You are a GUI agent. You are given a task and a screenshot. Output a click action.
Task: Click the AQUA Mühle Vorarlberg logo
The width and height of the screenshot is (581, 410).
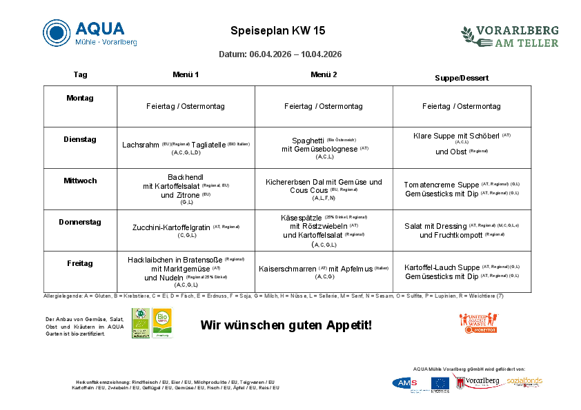click(x=90, y=33)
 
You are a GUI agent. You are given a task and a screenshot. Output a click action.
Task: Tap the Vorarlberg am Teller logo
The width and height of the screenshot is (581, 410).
click(x=510, y=37)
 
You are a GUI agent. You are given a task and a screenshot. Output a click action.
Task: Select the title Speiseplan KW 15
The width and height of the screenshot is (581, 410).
click(x=277, y=31)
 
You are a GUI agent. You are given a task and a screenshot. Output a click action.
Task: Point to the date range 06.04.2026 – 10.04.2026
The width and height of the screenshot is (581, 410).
click(x=280, y=54)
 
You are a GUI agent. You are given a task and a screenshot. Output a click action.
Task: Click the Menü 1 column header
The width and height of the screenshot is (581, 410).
click(x=186, y=74)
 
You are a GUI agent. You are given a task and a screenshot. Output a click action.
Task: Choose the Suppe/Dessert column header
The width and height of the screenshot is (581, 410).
click(x=462, y=78)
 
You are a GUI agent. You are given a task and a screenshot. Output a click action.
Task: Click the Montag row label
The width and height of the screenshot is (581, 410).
click(x=80, y=98)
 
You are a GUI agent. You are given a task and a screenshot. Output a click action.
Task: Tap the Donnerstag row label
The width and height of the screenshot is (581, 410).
click(x=80, y=222)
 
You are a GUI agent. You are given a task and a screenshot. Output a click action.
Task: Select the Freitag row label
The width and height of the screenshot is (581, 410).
click(x=80, y=263)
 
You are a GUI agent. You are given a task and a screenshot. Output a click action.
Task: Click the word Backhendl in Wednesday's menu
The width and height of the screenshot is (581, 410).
click(x=186, y=177)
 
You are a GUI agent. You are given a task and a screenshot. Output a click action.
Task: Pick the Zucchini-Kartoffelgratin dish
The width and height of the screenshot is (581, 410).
click(x=172, y=227)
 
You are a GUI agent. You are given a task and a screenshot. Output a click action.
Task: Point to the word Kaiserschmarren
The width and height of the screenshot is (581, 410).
click(x=288, y=269)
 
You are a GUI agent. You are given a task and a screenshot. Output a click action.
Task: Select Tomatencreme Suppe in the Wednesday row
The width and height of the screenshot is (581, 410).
click(x=441, y=185)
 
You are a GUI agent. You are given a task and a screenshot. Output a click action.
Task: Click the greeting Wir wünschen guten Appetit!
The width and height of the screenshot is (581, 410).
click(x=286, y=325)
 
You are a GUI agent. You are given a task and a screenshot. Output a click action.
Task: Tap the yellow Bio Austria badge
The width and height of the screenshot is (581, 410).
click(x=162, y=322)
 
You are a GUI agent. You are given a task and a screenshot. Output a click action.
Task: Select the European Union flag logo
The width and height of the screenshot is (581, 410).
click(x=440, y=384)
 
